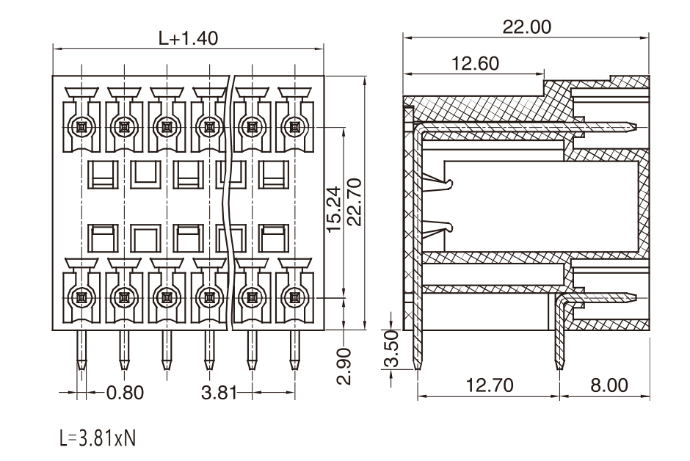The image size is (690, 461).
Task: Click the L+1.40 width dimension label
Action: pyautogui.click(x=188, y=38)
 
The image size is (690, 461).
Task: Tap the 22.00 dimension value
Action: pyautogui.click(x=526, y=27)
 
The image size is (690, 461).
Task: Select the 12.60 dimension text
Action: pyautogui.click(x=475, y=63)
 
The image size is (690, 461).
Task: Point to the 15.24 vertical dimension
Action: pyautogui.click(x=333, y=209)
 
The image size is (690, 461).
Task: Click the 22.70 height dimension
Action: pyautogui.click(x=355, y=202)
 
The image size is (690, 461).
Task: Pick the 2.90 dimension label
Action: pyautogui.click(x=344, y=366)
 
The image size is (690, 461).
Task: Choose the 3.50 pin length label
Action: pyautogui.click(x=391, y=349)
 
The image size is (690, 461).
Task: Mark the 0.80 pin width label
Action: pyautogui.click(x=126, y=393)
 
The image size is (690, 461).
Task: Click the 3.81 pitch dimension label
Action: pyautogui.click(x=219, y=393)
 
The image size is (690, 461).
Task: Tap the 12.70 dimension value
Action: pyautogui.click(x=490, y=385)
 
